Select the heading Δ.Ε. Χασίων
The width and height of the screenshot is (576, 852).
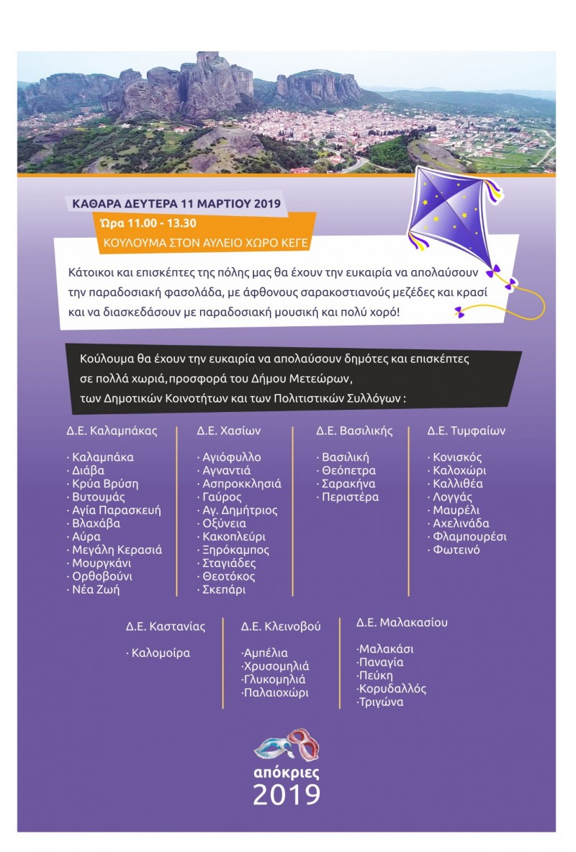pyautogui.click(x=228, y=431)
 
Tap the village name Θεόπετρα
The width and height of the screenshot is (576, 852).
pyautogui.click(x=348, y=470)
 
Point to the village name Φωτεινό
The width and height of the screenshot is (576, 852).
pyautogui.click(x=456, y=550)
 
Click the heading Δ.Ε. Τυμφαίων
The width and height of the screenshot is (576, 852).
pyautogui.click(x=466, y=431)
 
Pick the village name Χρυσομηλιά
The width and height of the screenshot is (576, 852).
pyautogui.click(x=276, y=666)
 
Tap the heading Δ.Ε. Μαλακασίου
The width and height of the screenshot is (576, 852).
pyautogui.click(x=402, y=622)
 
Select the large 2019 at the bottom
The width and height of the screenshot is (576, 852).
pyautogui.click(x=287, y=794)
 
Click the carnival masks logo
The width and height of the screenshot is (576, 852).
pyautogui.click(x=287, y=745)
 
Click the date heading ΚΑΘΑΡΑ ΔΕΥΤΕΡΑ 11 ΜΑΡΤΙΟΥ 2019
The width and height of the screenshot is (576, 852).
pyautogui.click(x=177, y=204)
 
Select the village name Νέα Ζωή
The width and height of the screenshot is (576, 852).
pyautogui.click(x=96, y=590)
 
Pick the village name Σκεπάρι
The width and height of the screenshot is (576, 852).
pyautogui.click(x=224, y=590)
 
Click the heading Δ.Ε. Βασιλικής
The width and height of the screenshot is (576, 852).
pyautogui.click(x=354, y=431)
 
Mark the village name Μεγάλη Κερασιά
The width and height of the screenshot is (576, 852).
pyautogui.click(x=117, y=550)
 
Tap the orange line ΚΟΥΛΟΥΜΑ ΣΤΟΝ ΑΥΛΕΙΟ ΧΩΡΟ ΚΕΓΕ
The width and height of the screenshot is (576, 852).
pyautogui.click(x=206, y=243)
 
